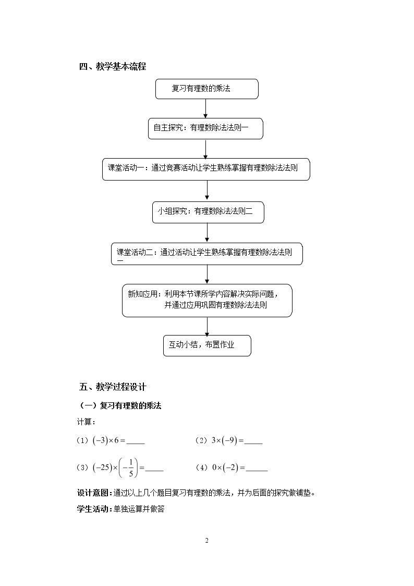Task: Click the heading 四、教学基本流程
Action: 113,66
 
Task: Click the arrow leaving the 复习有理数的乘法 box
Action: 205,109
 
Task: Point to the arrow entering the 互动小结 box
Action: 207,326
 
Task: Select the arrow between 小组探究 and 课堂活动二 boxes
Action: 207,233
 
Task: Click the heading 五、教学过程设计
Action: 113,387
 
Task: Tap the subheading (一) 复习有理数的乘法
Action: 120,405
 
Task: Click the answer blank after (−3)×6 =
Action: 136,444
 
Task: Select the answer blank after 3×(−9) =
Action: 253,444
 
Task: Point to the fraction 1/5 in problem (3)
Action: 131,468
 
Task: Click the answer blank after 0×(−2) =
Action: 257,471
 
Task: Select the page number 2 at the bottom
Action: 207,541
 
